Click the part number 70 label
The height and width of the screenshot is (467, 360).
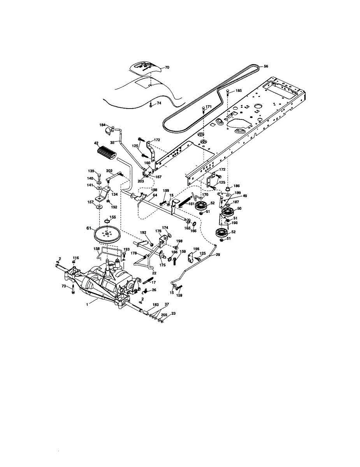tap(167, 67)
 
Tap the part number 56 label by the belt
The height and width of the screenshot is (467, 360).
tap(266, 67)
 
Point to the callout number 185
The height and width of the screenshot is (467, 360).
tap(239, 91)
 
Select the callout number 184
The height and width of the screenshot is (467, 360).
tap(102, 125)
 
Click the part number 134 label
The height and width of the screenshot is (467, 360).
tap(114, 194)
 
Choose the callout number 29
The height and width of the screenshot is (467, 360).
tap(218, 255)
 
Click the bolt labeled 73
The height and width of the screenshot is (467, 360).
tap(73, 290)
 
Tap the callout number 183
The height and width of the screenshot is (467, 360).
tap(155, 305)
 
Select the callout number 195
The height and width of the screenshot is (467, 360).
tap(196, 249)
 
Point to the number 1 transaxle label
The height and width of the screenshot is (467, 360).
tap(87, 305)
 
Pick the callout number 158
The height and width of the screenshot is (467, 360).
tap(97, 249)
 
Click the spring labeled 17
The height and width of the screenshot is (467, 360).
tap(148, 281)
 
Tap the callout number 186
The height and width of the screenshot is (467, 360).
tap(236, 186)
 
